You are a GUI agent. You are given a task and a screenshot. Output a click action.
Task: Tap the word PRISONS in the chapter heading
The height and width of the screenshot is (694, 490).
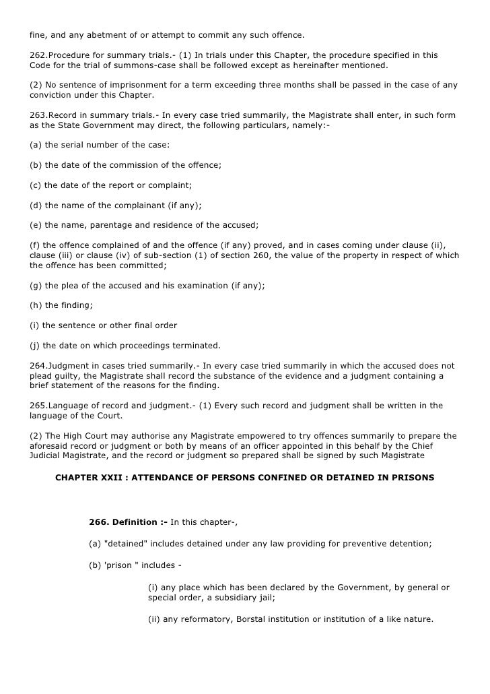412,478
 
